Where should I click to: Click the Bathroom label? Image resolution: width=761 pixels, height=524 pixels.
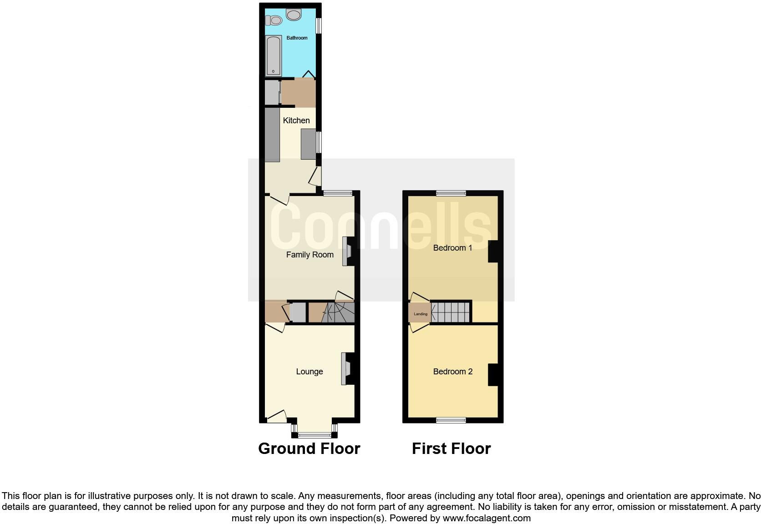[297, 38]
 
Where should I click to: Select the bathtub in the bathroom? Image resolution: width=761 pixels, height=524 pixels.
[273, 55]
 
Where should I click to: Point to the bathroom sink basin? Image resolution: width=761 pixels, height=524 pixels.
[294, 15]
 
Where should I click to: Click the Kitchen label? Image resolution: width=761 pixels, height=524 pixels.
[296, 121]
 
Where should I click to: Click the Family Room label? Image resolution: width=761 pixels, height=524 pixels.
[309, 255]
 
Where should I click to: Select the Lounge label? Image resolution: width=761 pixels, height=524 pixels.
[309, 372]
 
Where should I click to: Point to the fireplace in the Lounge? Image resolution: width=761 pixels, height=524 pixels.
[347, 368]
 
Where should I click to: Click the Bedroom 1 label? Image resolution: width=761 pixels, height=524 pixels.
[452, 248]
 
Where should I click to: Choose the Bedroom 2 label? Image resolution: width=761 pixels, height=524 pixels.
[452, 372]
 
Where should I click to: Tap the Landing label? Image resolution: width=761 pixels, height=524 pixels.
[420, 314]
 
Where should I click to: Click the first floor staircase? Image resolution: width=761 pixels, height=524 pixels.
[451, 312]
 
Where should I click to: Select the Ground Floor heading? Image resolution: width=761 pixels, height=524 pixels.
[309, 448]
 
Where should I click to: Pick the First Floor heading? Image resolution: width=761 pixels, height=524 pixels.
[451, 448]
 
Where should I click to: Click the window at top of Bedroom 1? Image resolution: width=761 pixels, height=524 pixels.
[451, 193]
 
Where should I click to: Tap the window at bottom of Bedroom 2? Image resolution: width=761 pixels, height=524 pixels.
[451, 420]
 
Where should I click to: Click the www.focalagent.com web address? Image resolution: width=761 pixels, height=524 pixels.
[487, 518]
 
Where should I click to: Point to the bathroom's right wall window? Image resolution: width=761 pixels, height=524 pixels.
[319, 25]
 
